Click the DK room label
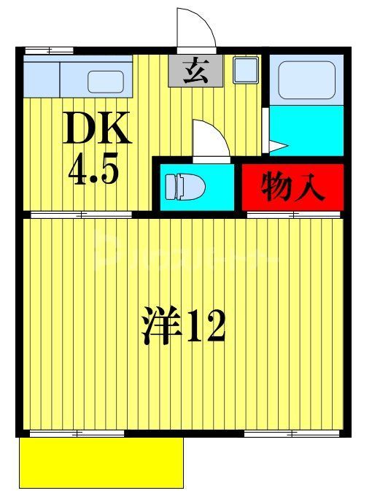[97, 129]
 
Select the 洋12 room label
[182, 325]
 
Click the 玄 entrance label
[193, 71]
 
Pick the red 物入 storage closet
[292, 185]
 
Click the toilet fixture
[185, 187]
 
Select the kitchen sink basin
[106, 81]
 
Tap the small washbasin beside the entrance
[243, 71]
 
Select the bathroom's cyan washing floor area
[306, 129]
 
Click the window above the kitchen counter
[49, 50]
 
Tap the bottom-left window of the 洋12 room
[66, 434]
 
